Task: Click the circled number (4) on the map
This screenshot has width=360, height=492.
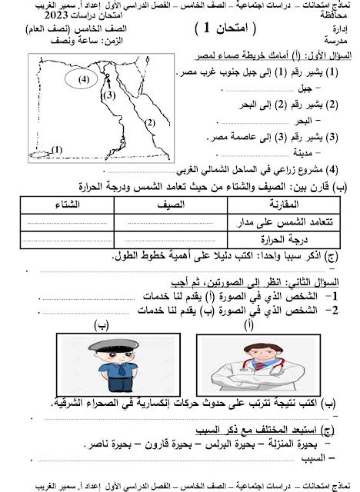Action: (82, 78)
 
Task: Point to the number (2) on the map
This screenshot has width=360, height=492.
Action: (151, 121)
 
